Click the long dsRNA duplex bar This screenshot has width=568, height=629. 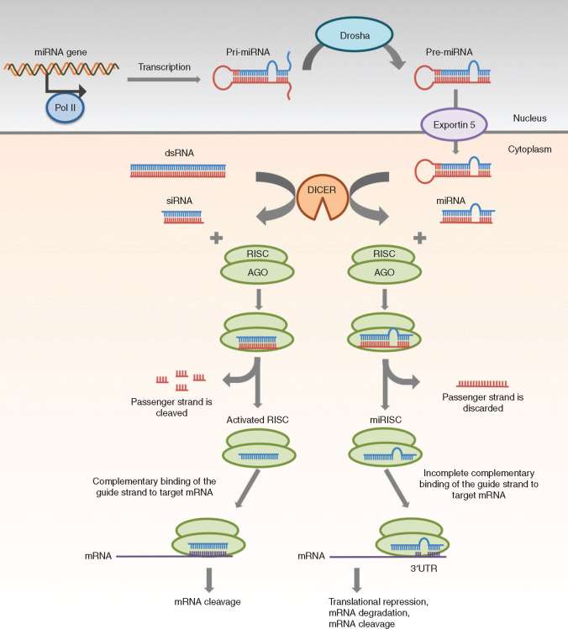tap(177, 170)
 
